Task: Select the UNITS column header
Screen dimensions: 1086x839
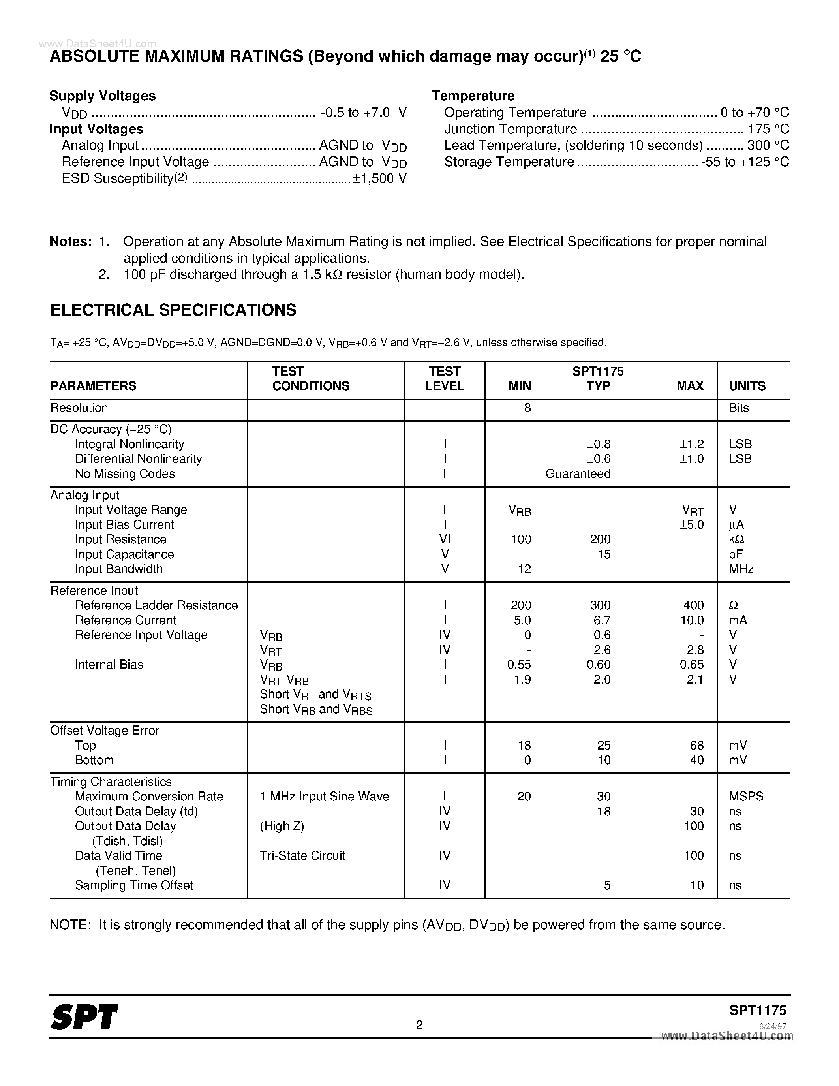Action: (x=747, y=386)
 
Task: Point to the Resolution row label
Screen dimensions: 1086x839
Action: (x=79, y=408)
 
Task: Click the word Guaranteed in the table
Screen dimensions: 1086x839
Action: (x=578, y=473)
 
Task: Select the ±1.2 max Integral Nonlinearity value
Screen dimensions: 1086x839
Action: (x=691, y=444)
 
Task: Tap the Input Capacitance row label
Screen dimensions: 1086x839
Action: (x=124, y=554)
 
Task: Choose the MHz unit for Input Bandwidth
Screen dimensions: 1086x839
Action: (x=741, y=569)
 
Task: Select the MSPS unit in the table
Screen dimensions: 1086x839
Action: (x=745, y=796)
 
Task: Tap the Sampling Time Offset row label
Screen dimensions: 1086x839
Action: (x=134, y=885)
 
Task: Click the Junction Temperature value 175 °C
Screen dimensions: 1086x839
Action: (x=768, y=129)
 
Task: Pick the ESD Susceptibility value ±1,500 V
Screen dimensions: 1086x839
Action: (x=379, y=178)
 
